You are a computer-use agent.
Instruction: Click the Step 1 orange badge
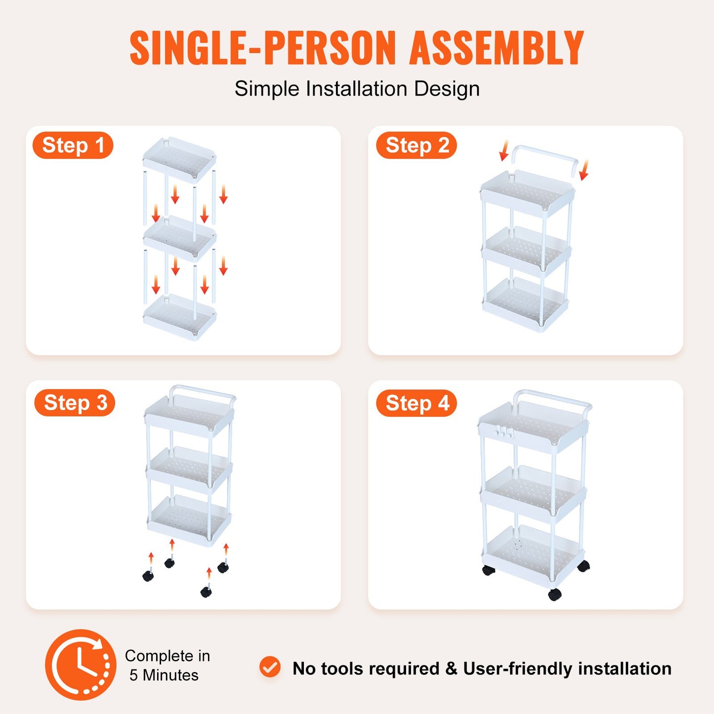[x=73, y=146]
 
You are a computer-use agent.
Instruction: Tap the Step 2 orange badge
[x=416, y=146]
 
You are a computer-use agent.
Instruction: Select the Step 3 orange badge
[x=75, y=403]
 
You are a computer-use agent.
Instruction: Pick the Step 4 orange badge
[x=416, y=403]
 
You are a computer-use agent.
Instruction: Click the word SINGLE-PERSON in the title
[x=262, y=48]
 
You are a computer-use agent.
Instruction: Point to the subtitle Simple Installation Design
[x=357, y=89]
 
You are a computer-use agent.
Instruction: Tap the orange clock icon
[x=81, y=665]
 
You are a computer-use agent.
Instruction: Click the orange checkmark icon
[x=270, y=668]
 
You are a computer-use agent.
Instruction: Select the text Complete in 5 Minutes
[x=167, y=665]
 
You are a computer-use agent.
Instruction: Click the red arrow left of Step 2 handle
[x=504, y=150]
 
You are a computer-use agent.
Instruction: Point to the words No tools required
[x=366, y=669]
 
